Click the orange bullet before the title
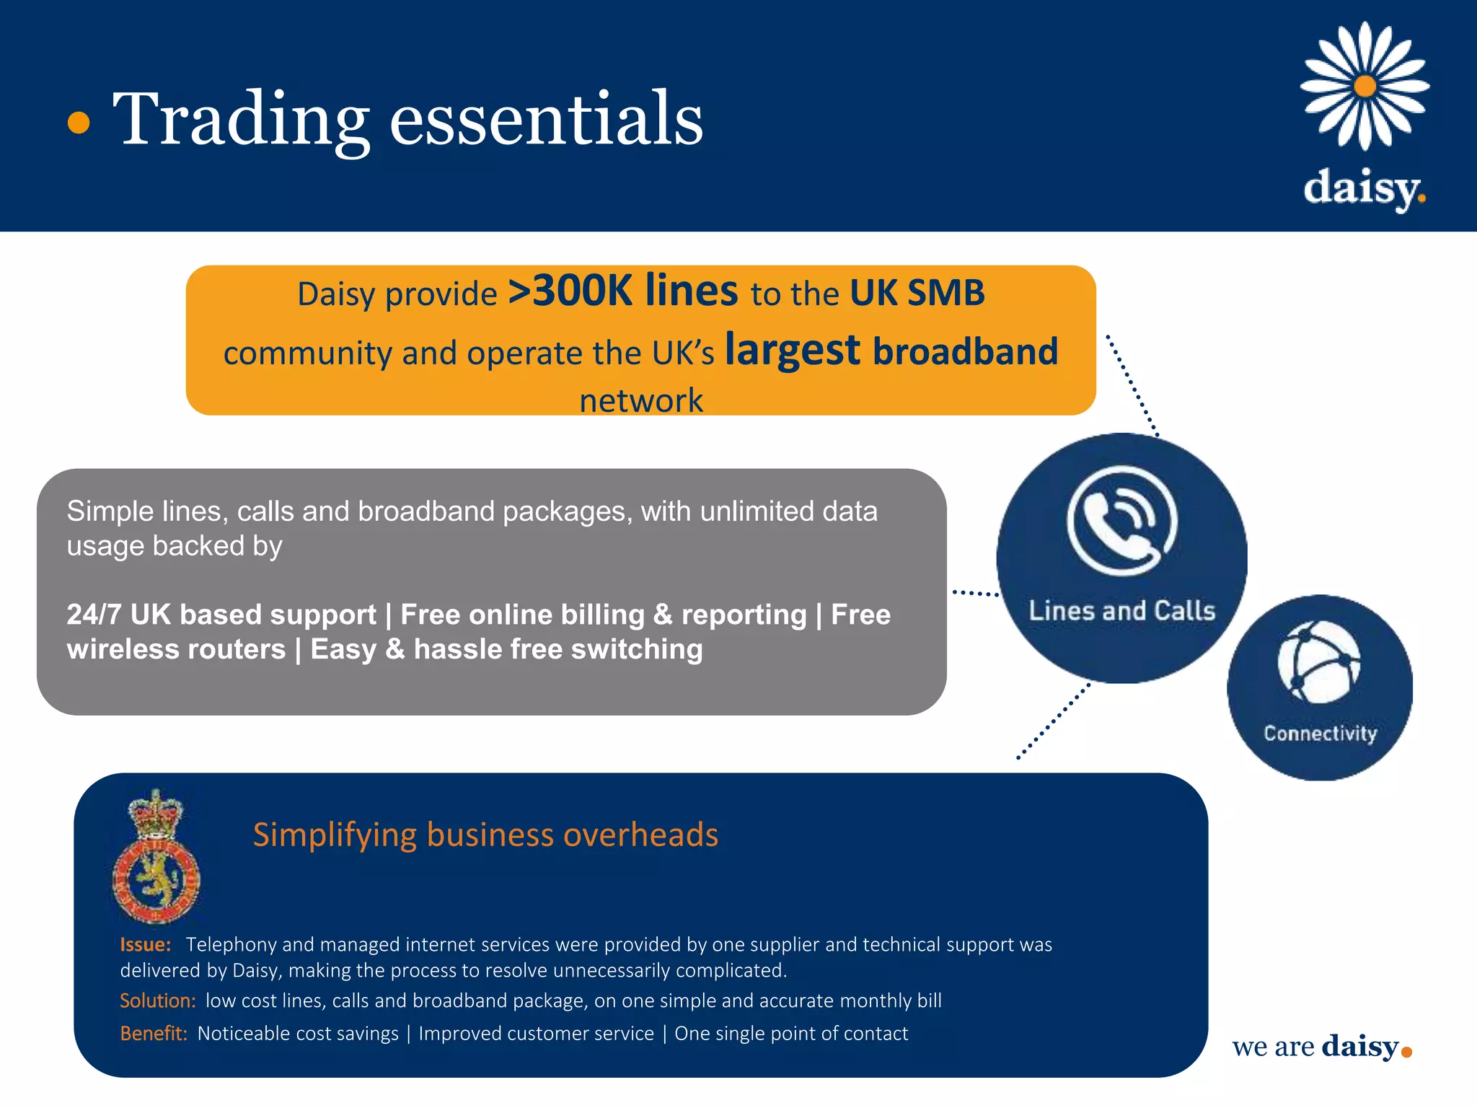coord(79,123)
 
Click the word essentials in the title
coord(546,119)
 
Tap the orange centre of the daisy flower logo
coord(1364,87)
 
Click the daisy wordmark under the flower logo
coord(1364,188)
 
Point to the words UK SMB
coord(917,293)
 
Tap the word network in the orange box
coord(640,400)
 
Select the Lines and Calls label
coord(1121,611)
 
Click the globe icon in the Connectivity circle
coord(1319,661)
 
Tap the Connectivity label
coord(1320,734)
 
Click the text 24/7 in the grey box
coord(93,615)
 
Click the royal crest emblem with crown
coord(156,857)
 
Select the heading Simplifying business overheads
coord(485,835)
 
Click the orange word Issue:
coord(145,944)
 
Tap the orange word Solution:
coord(157,1001)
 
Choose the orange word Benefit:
coord(153,1033)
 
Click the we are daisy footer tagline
coord(1321,1047)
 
